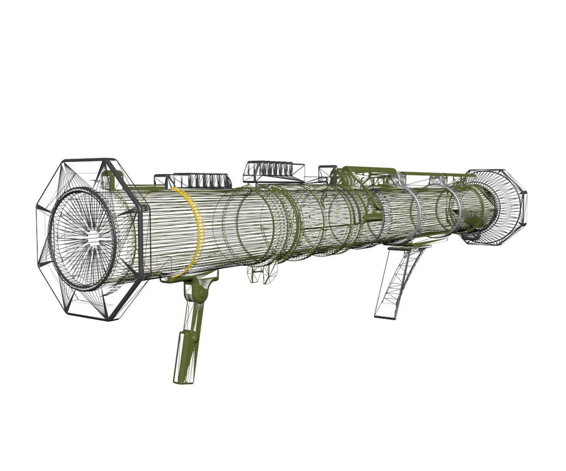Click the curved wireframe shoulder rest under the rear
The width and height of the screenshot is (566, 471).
pyautogui.click(x=400, y=279)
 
